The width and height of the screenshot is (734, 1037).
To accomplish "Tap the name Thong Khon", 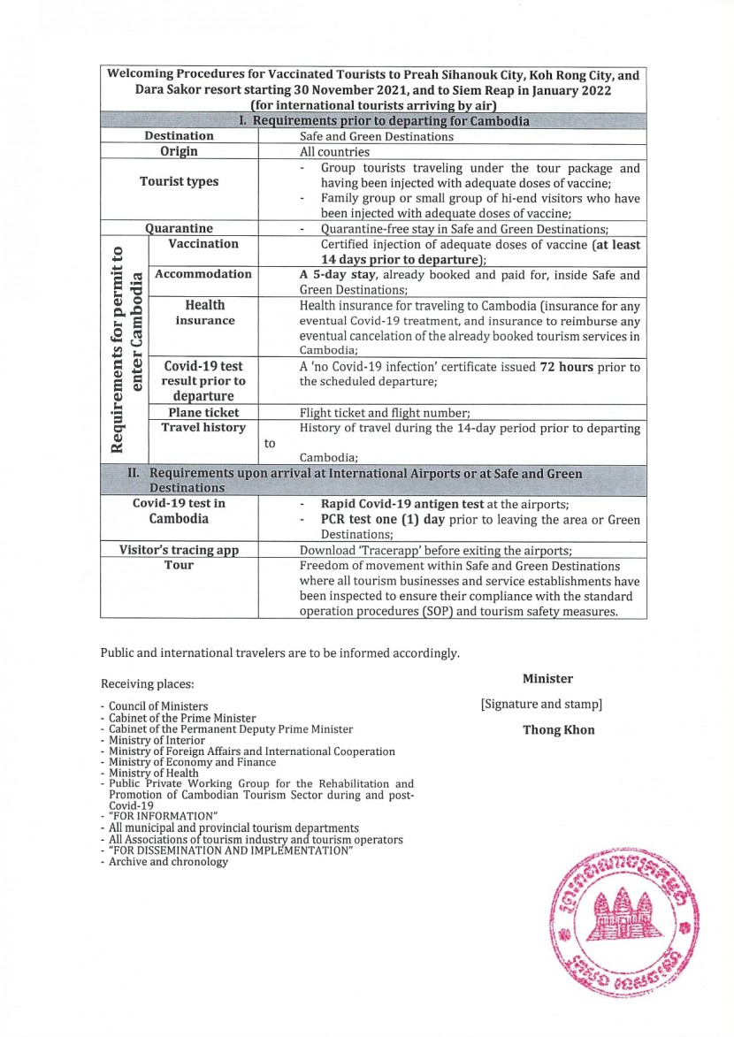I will pyautogui.click(x=559, y=730).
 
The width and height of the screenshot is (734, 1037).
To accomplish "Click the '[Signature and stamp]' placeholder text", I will pyautogui.click(x=541, y=705).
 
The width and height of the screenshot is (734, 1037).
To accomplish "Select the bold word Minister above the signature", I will pyautogui.click(x=547, y=679).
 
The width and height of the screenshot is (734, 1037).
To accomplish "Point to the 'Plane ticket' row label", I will pyautogui.click(x=203, y=412).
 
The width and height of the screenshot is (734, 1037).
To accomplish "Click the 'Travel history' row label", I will pyautogui.click(x=203, y=428).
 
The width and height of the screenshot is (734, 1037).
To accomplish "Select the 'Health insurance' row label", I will pyautogui.click(x=204, y=312).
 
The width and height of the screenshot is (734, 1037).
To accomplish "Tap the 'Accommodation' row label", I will pyautogui.click(x=203, y=274).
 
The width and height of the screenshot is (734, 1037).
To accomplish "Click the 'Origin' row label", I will pyautogui.click(x=179, y=151).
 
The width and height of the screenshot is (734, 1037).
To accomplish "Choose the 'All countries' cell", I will pyautogui.click(x=334, y=152).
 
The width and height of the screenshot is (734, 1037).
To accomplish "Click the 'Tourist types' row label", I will pyautogui.click(x=179, y=182).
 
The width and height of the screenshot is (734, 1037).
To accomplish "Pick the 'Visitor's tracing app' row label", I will pyautogui.click(x=179, y=550).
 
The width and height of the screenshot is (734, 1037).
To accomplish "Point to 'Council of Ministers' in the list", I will pyautogui.click(x=158, y=706).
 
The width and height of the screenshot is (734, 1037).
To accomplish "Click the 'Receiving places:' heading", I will pyautogui.click(x=147, y=683).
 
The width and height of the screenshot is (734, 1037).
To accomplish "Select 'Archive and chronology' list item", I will pyautogui.click(x=168, y=861).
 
